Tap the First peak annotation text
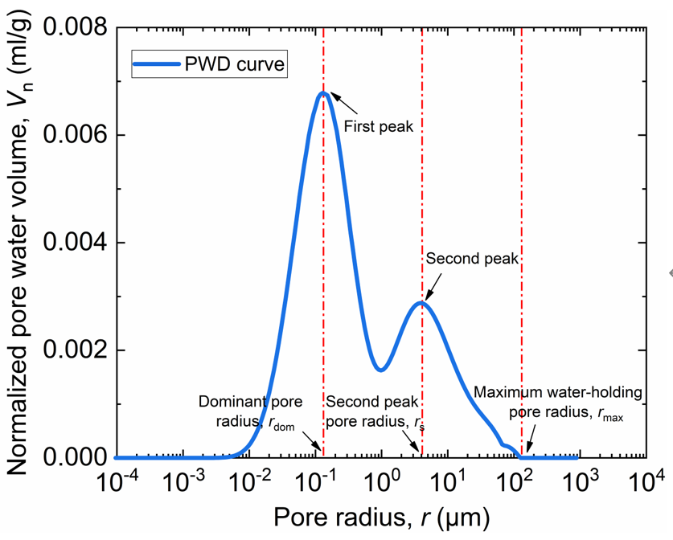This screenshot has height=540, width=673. (378, 126)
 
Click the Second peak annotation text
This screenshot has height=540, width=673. (472, 259)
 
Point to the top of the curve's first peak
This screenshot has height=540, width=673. (323, 92)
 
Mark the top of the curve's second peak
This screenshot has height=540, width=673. (421, 303)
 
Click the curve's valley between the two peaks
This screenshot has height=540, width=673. (381, 370)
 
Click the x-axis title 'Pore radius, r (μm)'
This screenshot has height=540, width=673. (382, 517)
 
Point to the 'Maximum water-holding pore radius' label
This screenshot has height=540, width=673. (558, 404)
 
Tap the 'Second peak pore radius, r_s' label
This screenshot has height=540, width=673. (375, 412)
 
